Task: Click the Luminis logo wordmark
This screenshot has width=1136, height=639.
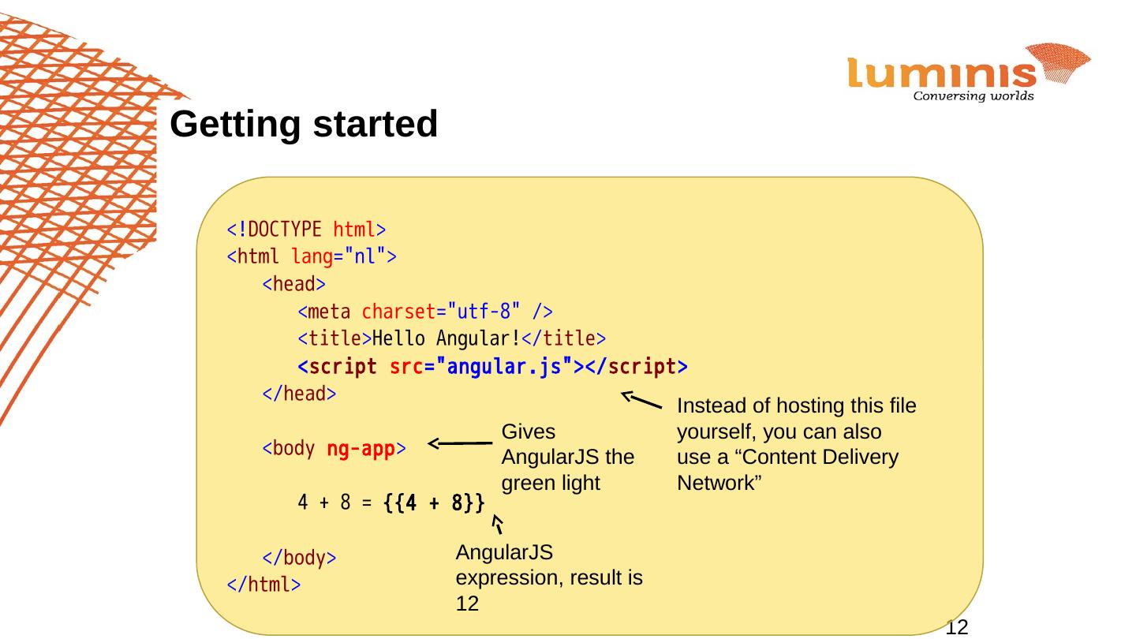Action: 943,74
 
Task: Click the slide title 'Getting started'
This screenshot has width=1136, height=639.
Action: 304,125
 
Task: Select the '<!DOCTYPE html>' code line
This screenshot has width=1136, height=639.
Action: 306,230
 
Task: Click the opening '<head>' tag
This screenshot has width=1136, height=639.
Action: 293,284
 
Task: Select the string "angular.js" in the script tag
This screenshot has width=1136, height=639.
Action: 505,367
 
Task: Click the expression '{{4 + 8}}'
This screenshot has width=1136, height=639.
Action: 433,503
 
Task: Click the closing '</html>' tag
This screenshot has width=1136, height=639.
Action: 263,585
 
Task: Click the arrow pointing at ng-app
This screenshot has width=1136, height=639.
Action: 461,444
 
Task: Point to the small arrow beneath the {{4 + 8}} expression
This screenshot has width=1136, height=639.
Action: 497,525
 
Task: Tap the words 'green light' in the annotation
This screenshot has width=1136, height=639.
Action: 551,483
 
